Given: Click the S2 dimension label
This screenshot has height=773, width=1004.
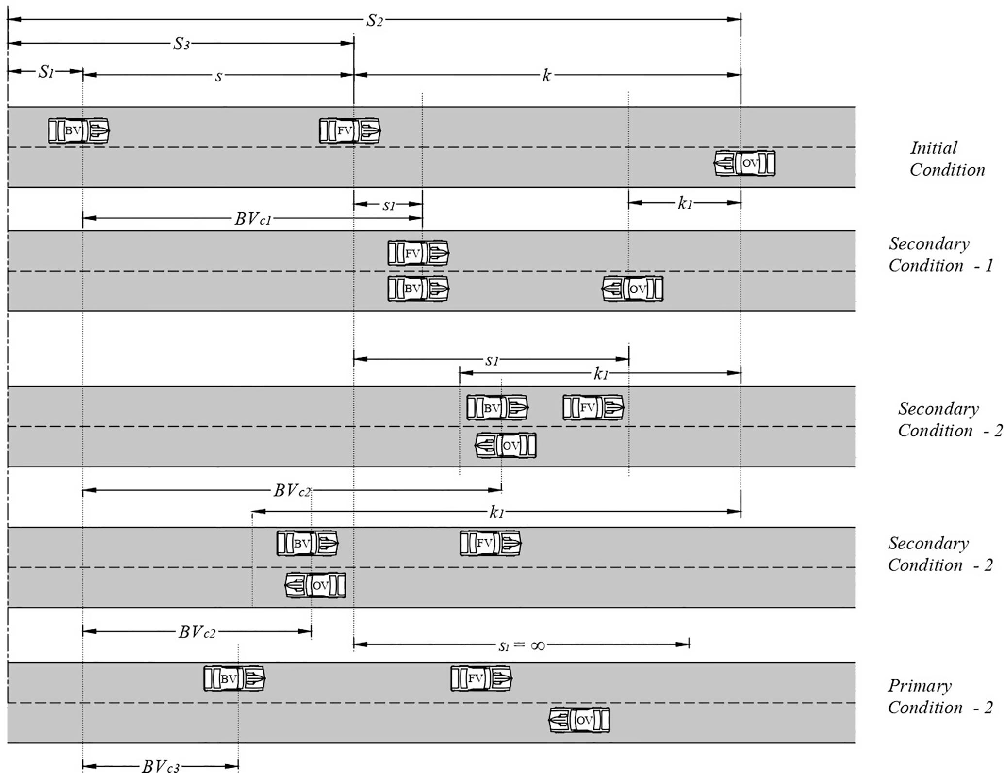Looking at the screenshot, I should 375,20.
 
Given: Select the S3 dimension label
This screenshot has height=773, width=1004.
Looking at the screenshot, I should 181,44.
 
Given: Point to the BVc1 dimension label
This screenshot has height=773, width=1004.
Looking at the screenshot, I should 253,219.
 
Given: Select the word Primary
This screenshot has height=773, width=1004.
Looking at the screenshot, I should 920,686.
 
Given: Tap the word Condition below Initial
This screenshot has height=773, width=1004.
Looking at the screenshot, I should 947,170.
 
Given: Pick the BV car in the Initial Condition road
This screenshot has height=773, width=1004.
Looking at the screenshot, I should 79,130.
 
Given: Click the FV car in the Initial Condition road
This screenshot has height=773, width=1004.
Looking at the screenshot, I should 349,130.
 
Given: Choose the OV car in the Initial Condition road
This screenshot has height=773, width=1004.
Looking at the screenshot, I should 744,163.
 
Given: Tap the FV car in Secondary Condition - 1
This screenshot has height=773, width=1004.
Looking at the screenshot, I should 418,253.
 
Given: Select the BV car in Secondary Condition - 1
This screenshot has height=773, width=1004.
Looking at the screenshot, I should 418,289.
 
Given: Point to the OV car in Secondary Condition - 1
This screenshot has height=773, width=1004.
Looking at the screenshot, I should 632,289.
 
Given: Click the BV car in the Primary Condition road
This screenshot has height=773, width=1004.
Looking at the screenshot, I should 234,678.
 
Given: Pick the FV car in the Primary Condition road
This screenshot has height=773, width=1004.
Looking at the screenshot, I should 481,678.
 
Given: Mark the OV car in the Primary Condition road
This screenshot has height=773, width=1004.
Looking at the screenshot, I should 579,720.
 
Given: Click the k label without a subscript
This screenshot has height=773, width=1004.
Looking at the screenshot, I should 546,76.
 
